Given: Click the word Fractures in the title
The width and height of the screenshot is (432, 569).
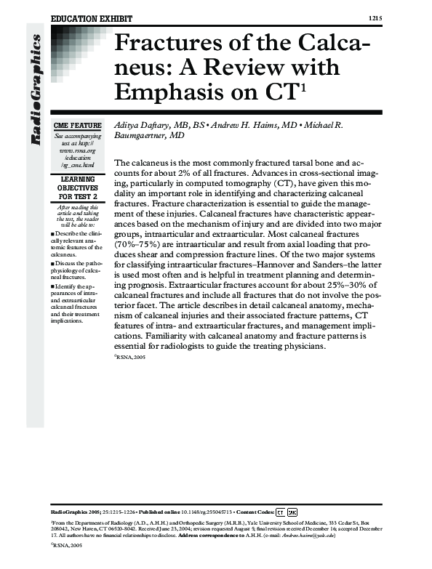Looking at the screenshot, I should pyautogui.click(x=170, y=44).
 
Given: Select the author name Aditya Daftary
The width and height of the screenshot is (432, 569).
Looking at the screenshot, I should pyautogui.click(x=143, y=125).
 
